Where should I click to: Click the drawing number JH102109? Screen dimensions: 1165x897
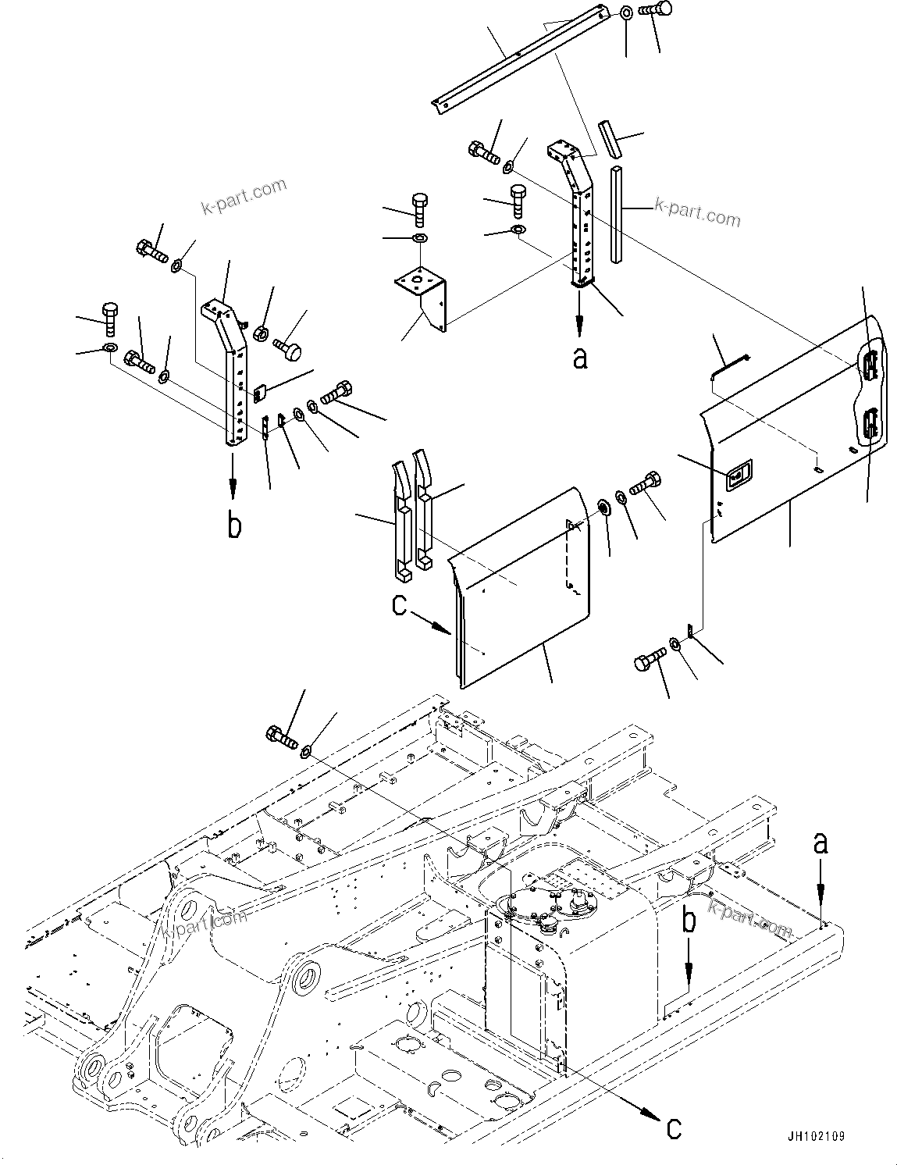tap(816, 1137)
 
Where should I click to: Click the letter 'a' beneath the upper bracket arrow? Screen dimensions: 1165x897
tap(578, 358)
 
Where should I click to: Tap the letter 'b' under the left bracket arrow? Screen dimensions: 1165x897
tap(233, 525)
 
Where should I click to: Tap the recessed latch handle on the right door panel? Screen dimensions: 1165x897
tap(738, 473)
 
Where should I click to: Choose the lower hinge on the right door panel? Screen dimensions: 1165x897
tap(870, 426)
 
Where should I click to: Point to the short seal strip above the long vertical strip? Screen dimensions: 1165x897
tap(610, 138)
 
